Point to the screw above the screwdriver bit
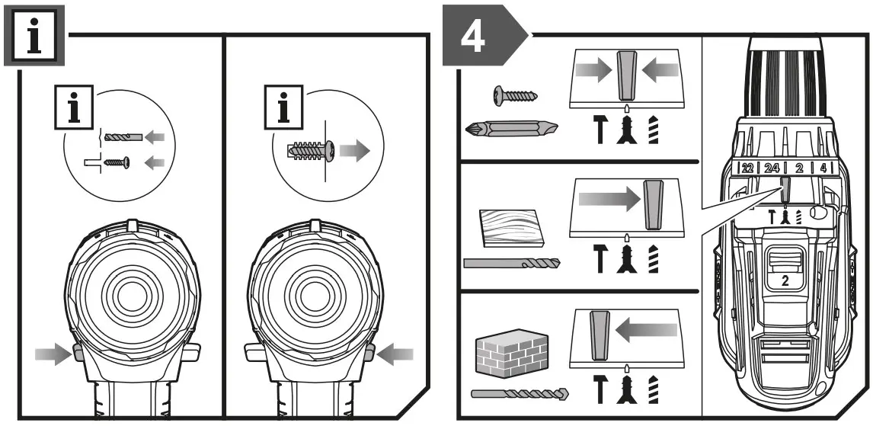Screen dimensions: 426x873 tap(516, 95)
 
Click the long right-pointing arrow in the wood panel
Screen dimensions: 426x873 tap(607, 200)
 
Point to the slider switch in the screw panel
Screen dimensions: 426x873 tap(626, 76)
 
